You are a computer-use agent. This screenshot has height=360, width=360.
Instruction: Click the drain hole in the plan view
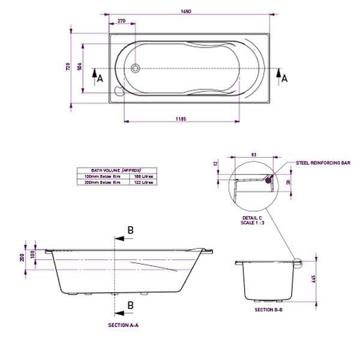click(135, 68)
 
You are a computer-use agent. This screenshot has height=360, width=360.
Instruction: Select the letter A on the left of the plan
click(100, 78)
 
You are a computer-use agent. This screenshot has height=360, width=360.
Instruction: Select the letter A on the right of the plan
click(284, 78)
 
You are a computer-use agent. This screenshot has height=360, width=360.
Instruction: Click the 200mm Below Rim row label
click(104, 182)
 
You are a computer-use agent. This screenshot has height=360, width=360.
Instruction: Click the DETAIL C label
click(251, 218)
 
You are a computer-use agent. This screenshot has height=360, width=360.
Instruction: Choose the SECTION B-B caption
click(268, 310)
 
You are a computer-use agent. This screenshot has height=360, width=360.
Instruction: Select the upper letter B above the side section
click(130, 230)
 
